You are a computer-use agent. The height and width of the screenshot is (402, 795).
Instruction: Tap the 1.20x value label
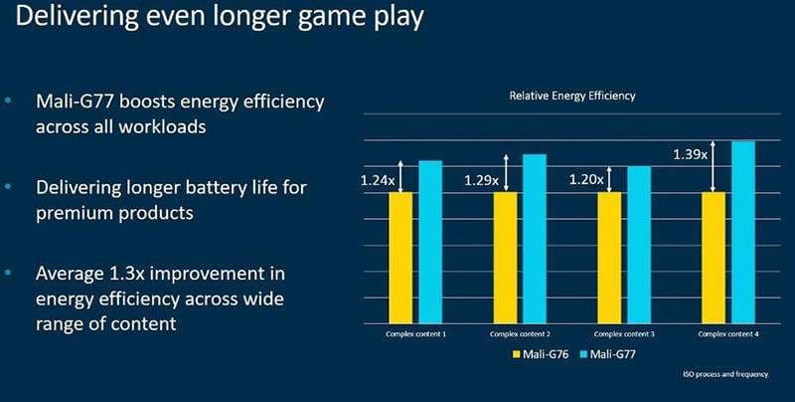point(586,180)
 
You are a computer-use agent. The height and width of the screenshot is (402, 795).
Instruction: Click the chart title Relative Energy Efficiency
point(571,97)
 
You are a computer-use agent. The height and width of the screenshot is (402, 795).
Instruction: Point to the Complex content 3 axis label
point(623,333)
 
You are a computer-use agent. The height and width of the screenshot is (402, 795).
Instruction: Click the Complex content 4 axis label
point(729,333)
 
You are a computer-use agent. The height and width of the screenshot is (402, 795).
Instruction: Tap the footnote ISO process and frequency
point(725,375)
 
